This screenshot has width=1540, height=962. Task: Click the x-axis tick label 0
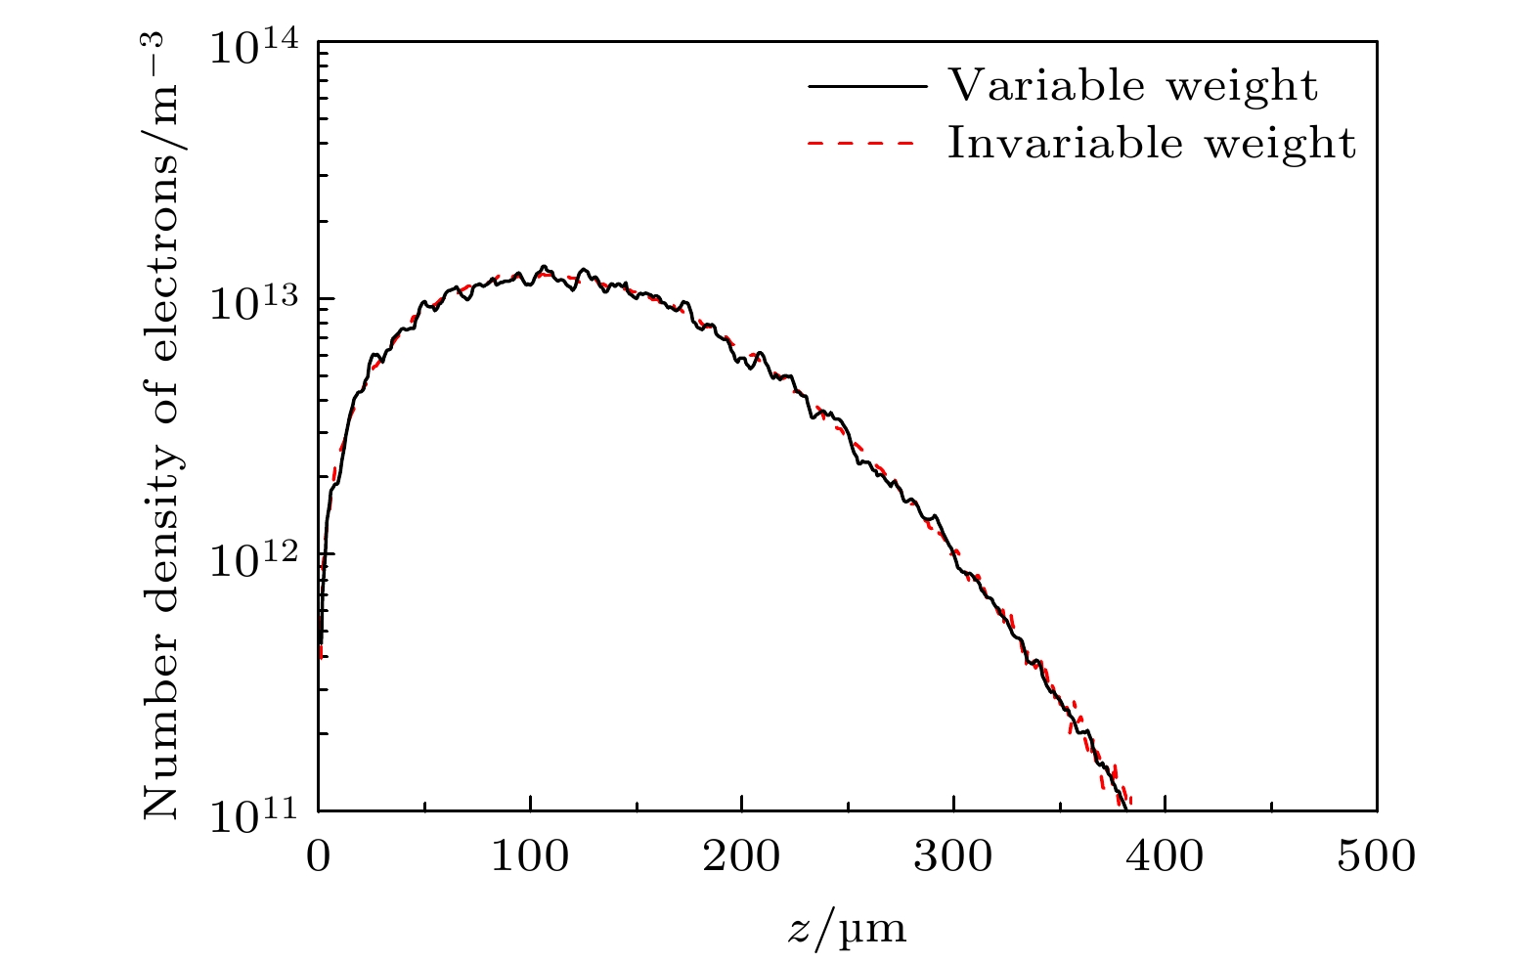(x=319, y=857)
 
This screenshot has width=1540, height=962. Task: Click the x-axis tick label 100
(x=530, y=857)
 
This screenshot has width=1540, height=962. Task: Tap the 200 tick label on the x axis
(x=741, y=857)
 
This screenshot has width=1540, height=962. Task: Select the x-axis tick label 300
(x=953, y=857)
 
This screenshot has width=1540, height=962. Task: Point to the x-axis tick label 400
(x=1165, y=857)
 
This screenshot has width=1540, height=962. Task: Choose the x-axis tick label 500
(x=1376, y=857)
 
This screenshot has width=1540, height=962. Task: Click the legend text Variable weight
(x=1133, y=86)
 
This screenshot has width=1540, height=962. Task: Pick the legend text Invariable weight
(x=1152, y=144)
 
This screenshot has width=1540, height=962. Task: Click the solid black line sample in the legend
(x=867, y=86)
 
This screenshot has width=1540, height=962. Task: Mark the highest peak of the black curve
(x=544, y=266)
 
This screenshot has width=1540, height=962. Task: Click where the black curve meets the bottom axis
(x=1127, y=809)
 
